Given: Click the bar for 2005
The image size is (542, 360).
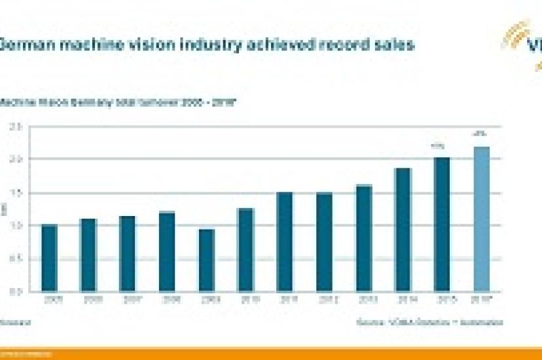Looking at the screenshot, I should [49, 258].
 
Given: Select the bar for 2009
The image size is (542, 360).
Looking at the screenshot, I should [206, 260].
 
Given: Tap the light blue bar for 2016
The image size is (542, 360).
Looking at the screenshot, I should [482, 219].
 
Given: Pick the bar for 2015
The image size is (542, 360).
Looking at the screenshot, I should [443, 224].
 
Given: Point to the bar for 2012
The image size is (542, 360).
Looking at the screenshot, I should [324, 242].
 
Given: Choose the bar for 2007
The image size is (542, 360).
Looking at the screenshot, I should [128, 253].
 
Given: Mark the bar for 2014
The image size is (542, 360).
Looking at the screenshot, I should [403, 229].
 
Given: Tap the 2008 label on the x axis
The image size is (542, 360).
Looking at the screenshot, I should [167, 300].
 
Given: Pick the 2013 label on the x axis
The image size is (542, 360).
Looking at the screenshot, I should [363, 300].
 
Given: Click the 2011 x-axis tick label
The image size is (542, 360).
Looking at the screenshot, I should [285, 300].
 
